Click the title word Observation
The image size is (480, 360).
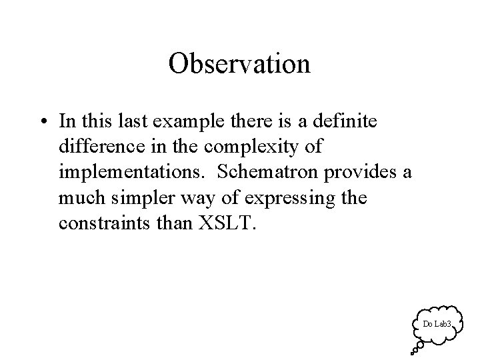pyautogui.click(x=239, y=64)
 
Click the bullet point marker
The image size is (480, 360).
pyautogui.click(x=43, y=123)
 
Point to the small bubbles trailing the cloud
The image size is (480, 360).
pyautogui.click(x=416, y=347)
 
